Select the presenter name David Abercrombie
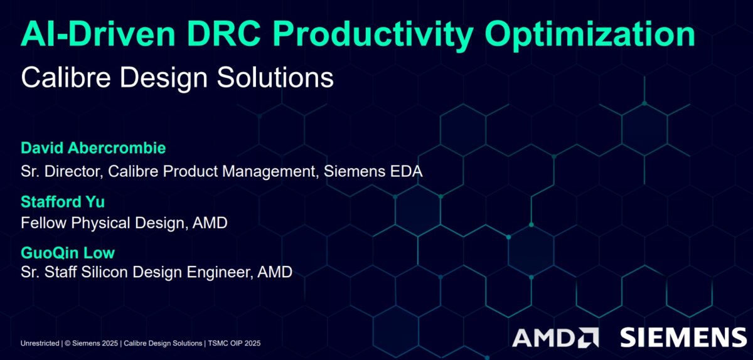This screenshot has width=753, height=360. (93, 149)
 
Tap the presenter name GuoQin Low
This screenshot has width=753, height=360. (68, 253)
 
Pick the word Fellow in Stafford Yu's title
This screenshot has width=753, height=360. (41, 223)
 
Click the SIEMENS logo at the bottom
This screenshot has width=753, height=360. (683, 337)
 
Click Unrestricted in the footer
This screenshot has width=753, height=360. (40, 343)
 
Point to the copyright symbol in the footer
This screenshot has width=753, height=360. (68, 343)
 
